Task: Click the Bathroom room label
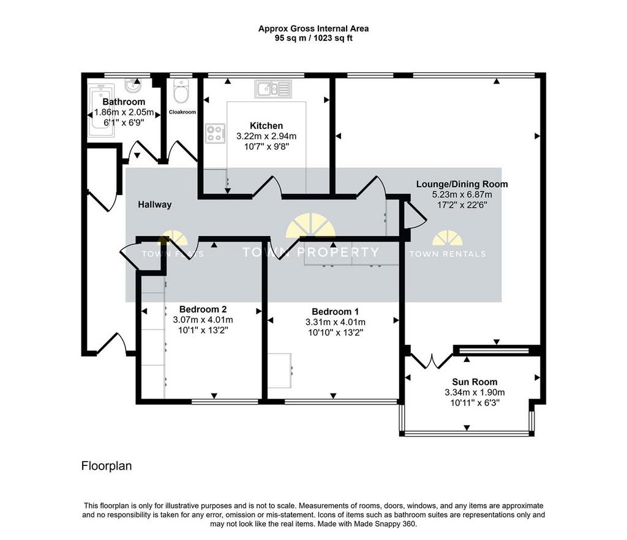[x=124, y=102]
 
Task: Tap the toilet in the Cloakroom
[x=181, y=91]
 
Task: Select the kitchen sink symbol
[x=273, y=89]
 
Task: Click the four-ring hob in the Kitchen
[x=215, y=133]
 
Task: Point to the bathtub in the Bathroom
[x=101, y=110]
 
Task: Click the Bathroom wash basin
[x=132, y=84]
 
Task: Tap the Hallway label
[x=155, y=204]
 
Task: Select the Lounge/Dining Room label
[x=462, y=184]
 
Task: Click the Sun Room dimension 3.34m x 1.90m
[x=475, y=392]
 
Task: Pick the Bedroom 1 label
[x=335, y=311]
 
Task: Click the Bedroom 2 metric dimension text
[x=203, y=319]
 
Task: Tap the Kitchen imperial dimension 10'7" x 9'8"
[x=266, y=147]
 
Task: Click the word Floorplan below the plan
[x=107, y=466]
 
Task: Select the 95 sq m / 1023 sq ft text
[x=313, y=39]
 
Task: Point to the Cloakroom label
[x=182, y=113]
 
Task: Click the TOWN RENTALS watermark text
[x=448, y=254]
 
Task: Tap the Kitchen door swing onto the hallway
[x=267, y=187]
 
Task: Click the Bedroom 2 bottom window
[x=225, y=401]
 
